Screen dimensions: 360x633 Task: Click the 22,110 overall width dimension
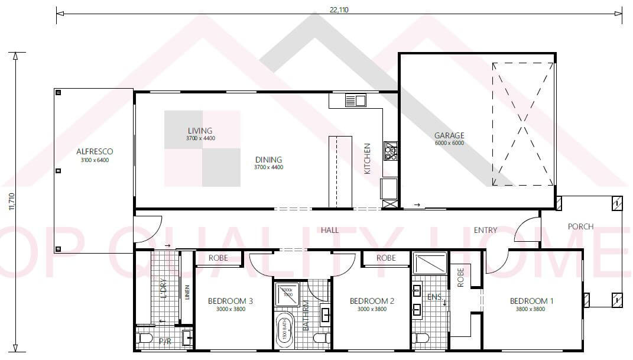tap(339, 9)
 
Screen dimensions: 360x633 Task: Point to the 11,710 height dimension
tap(11, 201)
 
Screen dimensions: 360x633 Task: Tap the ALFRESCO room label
tap(95, 152)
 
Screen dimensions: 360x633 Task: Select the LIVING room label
tap(200, 131)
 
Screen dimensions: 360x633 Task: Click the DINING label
tap(268, 160)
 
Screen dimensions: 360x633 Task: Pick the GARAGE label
tap(449, 135)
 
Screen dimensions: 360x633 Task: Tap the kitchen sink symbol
tap(356, 100)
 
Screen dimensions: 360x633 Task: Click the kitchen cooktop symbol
tap(390, 151)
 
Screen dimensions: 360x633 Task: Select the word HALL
tap(330, 230)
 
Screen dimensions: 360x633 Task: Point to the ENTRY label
tap(485, 230)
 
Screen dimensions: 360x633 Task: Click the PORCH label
tap(580, 226)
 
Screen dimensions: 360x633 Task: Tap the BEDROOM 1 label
tap(531, 301)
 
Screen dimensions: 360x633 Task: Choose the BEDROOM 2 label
tap(372, 301)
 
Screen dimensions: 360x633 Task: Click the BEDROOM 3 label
tap(231, 301)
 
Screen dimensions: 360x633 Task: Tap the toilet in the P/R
tap(145, 339)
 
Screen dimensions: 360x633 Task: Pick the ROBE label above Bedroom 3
tap(219, 258)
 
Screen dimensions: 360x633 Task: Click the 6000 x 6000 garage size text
tap(449, 143)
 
